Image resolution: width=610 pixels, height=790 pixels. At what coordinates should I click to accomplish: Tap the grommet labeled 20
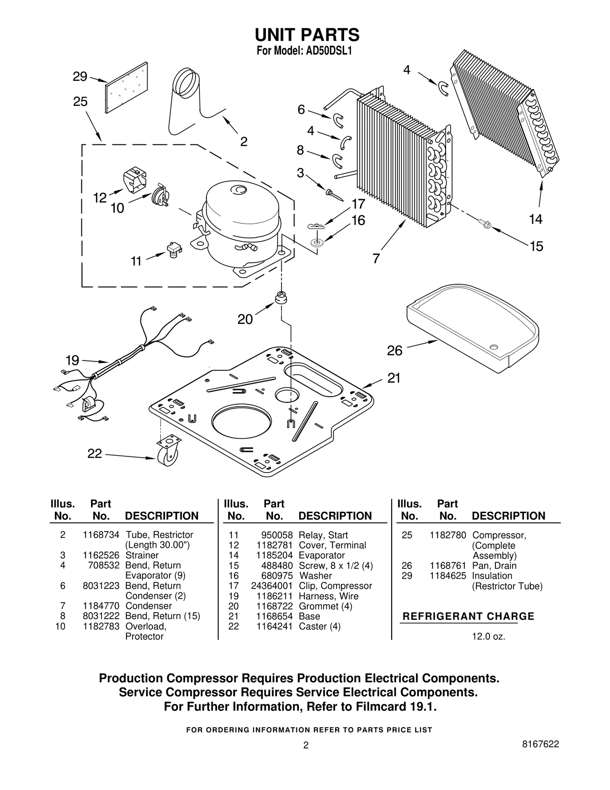pos(281,298)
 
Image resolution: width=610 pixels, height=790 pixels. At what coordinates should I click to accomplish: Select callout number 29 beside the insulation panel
pos(80,77)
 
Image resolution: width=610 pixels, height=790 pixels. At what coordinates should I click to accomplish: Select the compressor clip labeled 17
pos(316,227)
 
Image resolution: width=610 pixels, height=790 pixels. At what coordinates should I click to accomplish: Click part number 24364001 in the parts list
pos(271,586)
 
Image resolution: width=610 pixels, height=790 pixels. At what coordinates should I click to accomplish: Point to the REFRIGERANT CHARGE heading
pos(468,616)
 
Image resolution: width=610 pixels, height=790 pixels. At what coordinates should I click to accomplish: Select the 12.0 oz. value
pos(488,637)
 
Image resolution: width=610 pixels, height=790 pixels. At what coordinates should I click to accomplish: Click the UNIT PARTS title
pos(307,35)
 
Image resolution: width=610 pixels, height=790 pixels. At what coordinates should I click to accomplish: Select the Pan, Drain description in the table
pos(494,566)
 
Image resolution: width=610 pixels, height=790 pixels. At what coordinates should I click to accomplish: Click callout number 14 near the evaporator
pos(535,219)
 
